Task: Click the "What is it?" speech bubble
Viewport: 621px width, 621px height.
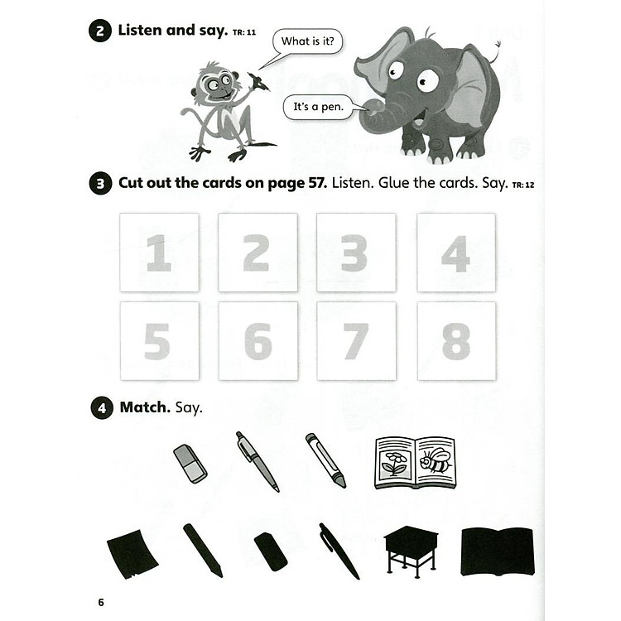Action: coord(307,41)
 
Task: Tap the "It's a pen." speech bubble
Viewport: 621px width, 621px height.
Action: coord(318,107)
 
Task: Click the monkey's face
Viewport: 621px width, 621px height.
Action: coord(217,86)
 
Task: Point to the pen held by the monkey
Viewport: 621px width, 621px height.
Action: coord(258,81)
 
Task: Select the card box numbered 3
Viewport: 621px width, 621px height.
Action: coord(356,253)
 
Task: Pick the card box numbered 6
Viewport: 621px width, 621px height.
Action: coord(258,341)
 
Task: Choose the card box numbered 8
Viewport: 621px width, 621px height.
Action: coord(456,341)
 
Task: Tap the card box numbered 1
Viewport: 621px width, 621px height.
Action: coord(159,253)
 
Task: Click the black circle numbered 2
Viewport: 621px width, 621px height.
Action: coord(100,31)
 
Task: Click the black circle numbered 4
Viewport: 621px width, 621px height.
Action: coord(102,407)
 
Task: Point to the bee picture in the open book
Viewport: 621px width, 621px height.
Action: coord(436,462)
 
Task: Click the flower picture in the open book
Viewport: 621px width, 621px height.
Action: coord(393,464)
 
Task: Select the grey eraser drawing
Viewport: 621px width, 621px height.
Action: coord(190,464)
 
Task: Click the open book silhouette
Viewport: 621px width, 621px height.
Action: coord(498,551)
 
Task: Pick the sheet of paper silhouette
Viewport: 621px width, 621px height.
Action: coord(132,554)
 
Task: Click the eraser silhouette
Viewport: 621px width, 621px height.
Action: coord(271,551)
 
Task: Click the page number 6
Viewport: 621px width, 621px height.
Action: coord(101,603)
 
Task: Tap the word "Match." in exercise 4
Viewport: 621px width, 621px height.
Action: coord(145,407)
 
